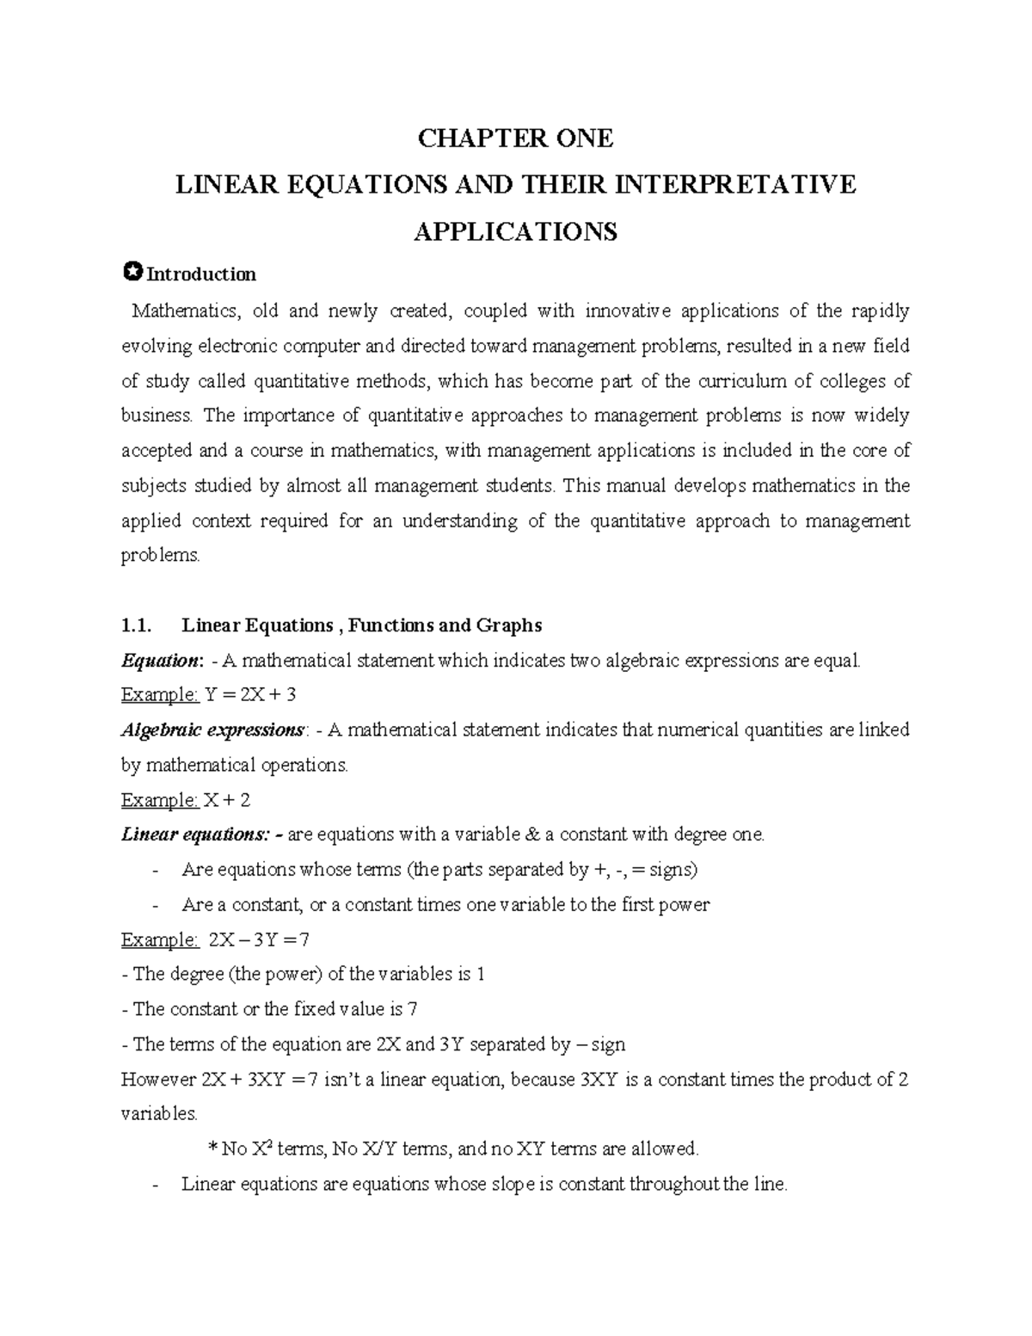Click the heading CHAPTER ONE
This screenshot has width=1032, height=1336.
pyautogui.click(x=515, y=139)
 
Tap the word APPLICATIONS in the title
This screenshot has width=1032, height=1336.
pyautogui.click(x=515, y=231)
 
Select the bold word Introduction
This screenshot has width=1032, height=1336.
pyautogui.click(x=201, y=274)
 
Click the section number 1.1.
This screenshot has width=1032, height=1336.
pyautogui.click(x=137, y=625)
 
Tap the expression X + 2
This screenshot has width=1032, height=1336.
pyautogui.click(x=226, y=800)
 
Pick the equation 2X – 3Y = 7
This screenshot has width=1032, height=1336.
pyautogui.click(x=258, y=939)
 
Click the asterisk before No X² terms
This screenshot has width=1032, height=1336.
pyautogui.click(x=213, y=1149)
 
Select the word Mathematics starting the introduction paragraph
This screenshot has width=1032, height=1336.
pyautogui.click(x=177, y=311)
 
